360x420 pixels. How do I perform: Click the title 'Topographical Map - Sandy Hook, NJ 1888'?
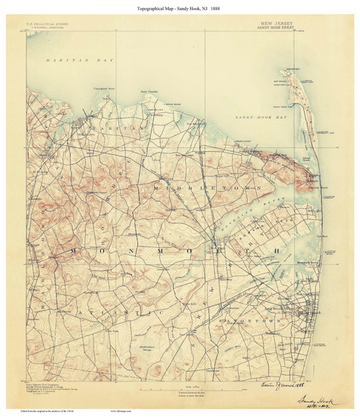point(179,6)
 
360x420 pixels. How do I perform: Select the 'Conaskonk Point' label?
point(100,88)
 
